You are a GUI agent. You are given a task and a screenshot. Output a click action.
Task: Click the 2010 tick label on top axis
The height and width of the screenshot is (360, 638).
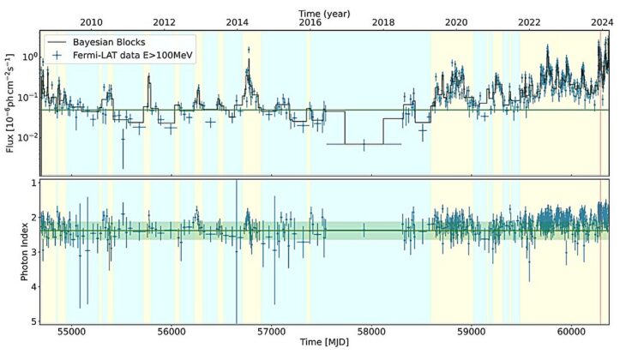tap(92, 23)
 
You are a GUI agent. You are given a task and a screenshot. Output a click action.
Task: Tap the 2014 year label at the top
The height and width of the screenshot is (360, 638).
tap(238, 23)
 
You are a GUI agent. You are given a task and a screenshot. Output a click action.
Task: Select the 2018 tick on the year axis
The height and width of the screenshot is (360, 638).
tap(383, 23)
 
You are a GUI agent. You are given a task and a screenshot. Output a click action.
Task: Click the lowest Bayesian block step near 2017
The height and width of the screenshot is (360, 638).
tap(364, 144)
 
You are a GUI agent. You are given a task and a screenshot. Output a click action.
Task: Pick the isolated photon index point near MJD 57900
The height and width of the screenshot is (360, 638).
tap(364, 230)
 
